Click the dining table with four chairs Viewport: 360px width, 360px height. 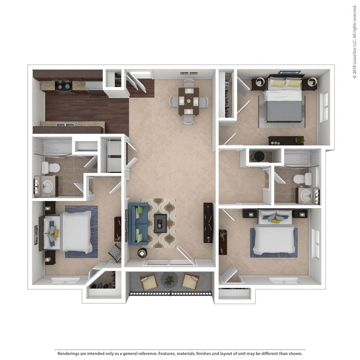(x=189, y=101)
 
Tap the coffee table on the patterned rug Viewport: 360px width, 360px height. (x=161, y=222)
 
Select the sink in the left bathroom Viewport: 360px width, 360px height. (x=48, y=186)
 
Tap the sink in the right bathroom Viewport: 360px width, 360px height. (x=306, y=195)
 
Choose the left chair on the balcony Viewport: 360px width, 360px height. (x=149, y=282)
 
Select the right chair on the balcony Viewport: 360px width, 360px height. (x=190, y=282)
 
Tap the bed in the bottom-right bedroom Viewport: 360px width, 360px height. (x=275, y=237)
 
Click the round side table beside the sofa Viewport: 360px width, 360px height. (x=142, y=253)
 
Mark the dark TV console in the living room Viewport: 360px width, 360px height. (x=208, y=223)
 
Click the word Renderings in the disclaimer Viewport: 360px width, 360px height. (x=70, y=353)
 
